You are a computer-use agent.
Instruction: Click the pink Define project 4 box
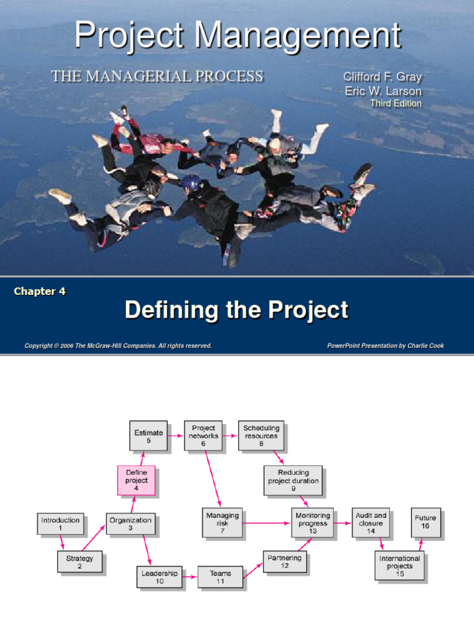pos(136,480)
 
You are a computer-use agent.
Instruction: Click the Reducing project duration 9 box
pos(293,480)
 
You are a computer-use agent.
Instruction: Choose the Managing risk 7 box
pos(222,523)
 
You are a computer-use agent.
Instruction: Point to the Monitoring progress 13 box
pos(312,523)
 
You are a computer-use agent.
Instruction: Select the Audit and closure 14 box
pos(371,523)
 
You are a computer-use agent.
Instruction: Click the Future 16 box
pos(425,522)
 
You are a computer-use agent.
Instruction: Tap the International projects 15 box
pos(399,566)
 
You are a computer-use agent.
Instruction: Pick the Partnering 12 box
pos(285,561)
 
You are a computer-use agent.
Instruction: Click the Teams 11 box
pos(220,577)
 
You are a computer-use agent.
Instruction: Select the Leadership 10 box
pos(159,577)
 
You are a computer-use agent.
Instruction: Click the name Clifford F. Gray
pos(382,78)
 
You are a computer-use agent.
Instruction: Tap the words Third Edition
pos(396,103)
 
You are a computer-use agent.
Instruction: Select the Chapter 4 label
pos(39,291)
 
